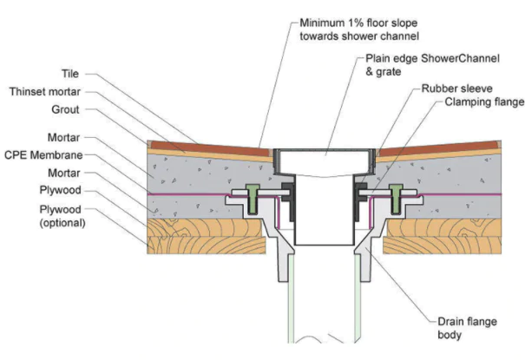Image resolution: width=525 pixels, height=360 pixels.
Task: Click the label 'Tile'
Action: [71, 75]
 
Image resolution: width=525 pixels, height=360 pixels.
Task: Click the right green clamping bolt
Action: [397, 198]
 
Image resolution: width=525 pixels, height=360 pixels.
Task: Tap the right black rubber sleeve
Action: [358, 196]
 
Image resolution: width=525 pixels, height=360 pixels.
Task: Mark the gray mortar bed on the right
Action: [460, 173]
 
